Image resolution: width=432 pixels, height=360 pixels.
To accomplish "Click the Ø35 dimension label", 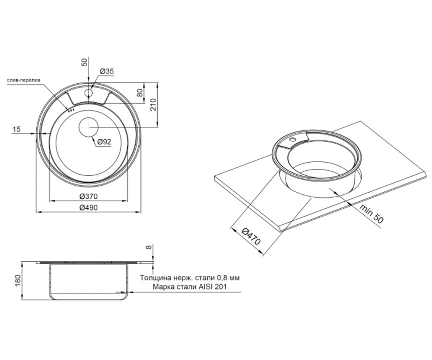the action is tap(107, 71).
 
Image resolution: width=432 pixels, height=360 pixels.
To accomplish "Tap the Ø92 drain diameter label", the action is tap(104, 142).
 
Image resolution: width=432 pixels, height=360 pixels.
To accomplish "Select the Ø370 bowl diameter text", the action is tap(89, 196).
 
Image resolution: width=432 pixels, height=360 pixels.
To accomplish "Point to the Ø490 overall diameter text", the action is tap(89, 207).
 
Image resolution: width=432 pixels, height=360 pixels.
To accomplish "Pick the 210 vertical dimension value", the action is tap(153, 104).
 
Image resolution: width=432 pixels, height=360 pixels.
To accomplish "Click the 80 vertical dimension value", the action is tap(140, 93).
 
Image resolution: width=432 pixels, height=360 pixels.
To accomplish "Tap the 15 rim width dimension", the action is tap(17, 130).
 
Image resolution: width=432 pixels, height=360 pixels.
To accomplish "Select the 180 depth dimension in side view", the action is tap(18, 280).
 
